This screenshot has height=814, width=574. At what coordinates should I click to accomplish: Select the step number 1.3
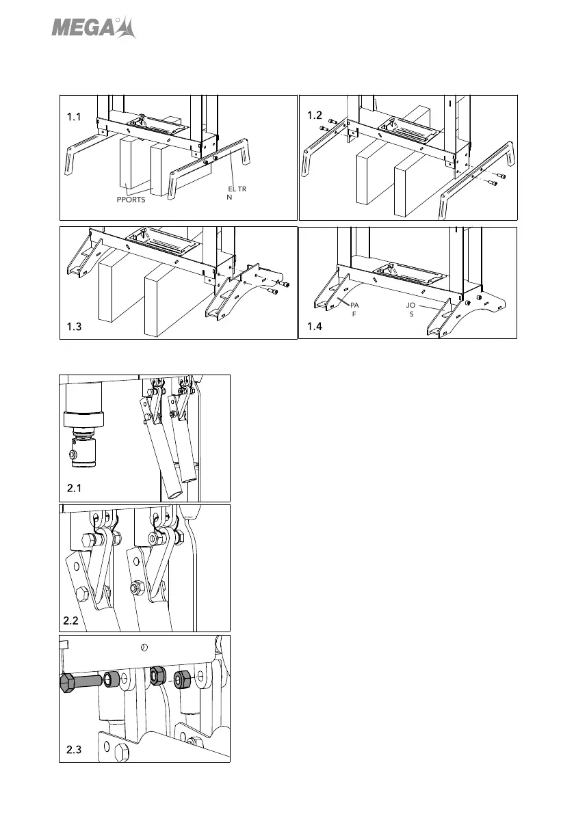point(75,327)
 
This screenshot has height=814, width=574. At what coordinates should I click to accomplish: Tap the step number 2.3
point(74,750)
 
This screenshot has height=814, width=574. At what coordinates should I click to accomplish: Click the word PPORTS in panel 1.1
point(130,201)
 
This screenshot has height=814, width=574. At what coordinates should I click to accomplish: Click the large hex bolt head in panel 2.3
point(68,683)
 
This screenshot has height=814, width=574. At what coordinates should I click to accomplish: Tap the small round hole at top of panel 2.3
point(144,647)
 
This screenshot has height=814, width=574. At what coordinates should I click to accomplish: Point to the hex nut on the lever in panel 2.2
point(135,586)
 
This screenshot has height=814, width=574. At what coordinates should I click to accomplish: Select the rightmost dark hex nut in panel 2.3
point(182,679)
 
